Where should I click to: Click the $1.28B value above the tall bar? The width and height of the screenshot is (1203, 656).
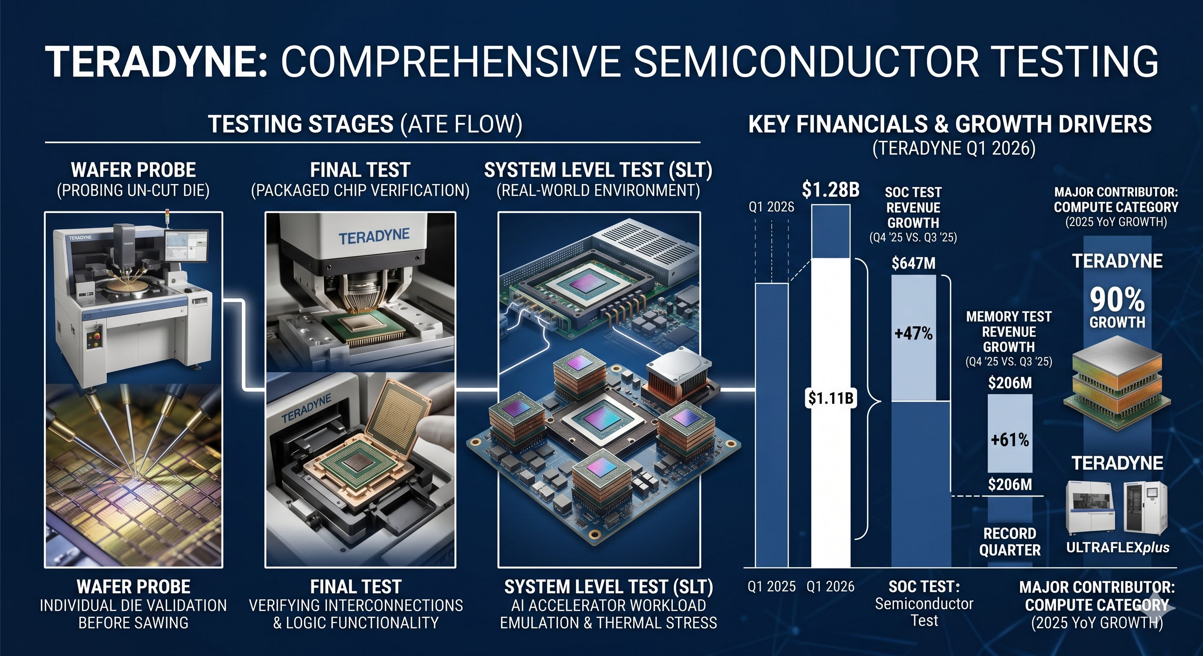point(831,190)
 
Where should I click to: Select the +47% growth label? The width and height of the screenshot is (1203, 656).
point(913,334)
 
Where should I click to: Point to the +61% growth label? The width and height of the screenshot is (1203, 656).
point(1009,439)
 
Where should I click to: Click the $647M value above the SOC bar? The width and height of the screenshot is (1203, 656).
point(913,264)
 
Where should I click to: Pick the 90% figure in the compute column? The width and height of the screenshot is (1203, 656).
point(1117,299)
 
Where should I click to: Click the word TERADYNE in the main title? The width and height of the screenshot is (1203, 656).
point(156,61)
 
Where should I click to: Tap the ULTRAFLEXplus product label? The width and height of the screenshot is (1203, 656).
point(1118,547)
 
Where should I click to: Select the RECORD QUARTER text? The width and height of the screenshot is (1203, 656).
point(1009,542)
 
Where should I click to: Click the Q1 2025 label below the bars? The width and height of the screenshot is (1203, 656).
point(772,586)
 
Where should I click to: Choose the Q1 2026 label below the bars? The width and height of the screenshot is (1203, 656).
point(830,586)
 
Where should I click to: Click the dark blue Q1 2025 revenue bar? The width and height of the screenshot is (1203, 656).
point(772,425)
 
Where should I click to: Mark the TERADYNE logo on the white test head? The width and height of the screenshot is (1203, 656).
point(374,237)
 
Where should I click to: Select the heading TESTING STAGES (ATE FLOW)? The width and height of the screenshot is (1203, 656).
point(365,124)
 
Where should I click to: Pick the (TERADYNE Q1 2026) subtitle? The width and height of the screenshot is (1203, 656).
point(954,149)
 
